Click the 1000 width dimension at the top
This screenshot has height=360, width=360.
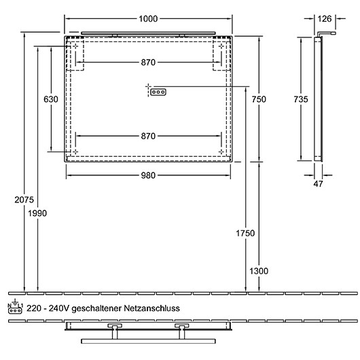coord(149,19)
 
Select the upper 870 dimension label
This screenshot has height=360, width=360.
coord(149,62)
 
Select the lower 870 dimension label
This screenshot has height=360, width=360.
coord(149,136)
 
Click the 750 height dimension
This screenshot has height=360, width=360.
coord(258,99)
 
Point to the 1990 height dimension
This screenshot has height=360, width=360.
coord(38,214)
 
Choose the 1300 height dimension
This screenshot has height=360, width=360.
coord(259,270)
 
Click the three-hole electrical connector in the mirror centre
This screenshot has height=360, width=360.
coord(158,92)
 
